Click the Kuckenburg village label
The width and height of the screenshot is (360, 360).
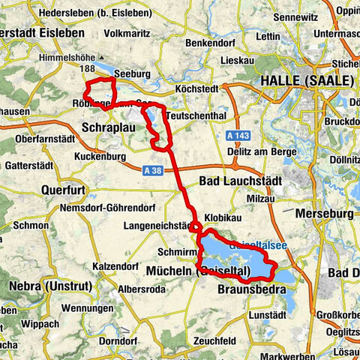(103, 157)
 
